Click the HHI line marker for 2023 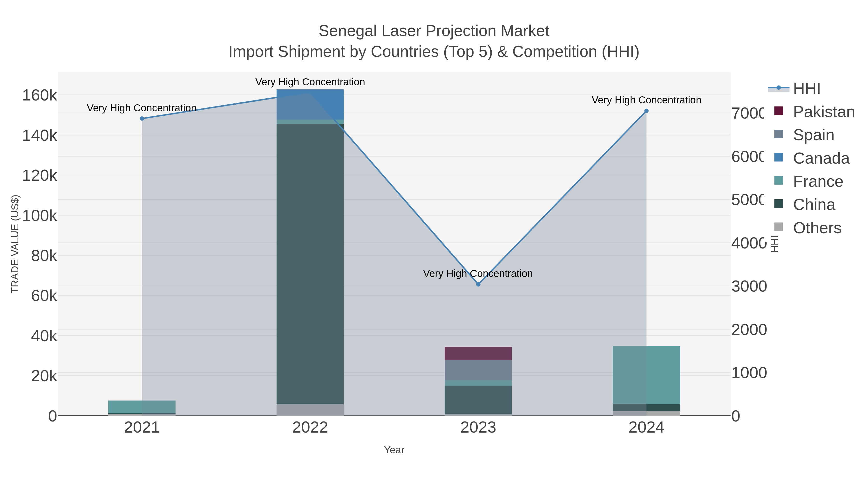(x=478, y=284)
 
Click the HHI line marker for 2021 (x=142, y=119)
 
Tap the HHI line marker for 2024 (x=646, y=111)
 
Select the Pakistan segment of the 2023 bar (x=478, y=353)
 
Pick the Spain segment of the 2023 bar (x=478, y=370)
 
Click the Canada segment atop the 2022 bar (x=310, y=104)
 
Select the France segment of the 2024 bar (x=646, y=375)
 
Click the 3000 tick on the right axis (x=749, y=286)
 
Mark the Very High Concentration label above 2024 (x=646, y=100)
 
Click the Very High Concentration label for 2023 (x=478, y=274)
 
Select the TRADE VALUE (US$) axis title (x=15, y=244)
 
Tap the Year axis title (x=394, y=450)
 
